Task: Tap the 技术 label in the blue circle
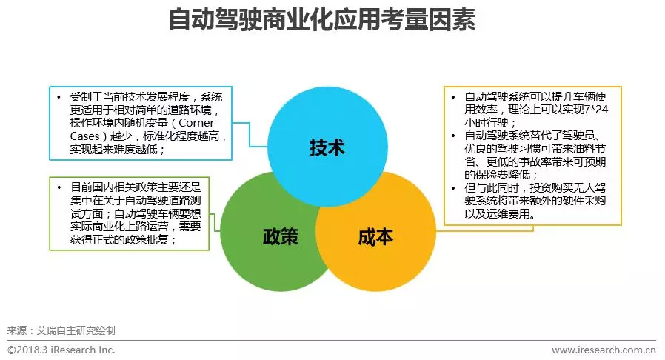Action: pos(327,147)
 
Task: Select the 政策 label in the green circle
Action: pos(280,237)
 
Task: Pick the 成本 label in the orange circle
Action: pos(375,237)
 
